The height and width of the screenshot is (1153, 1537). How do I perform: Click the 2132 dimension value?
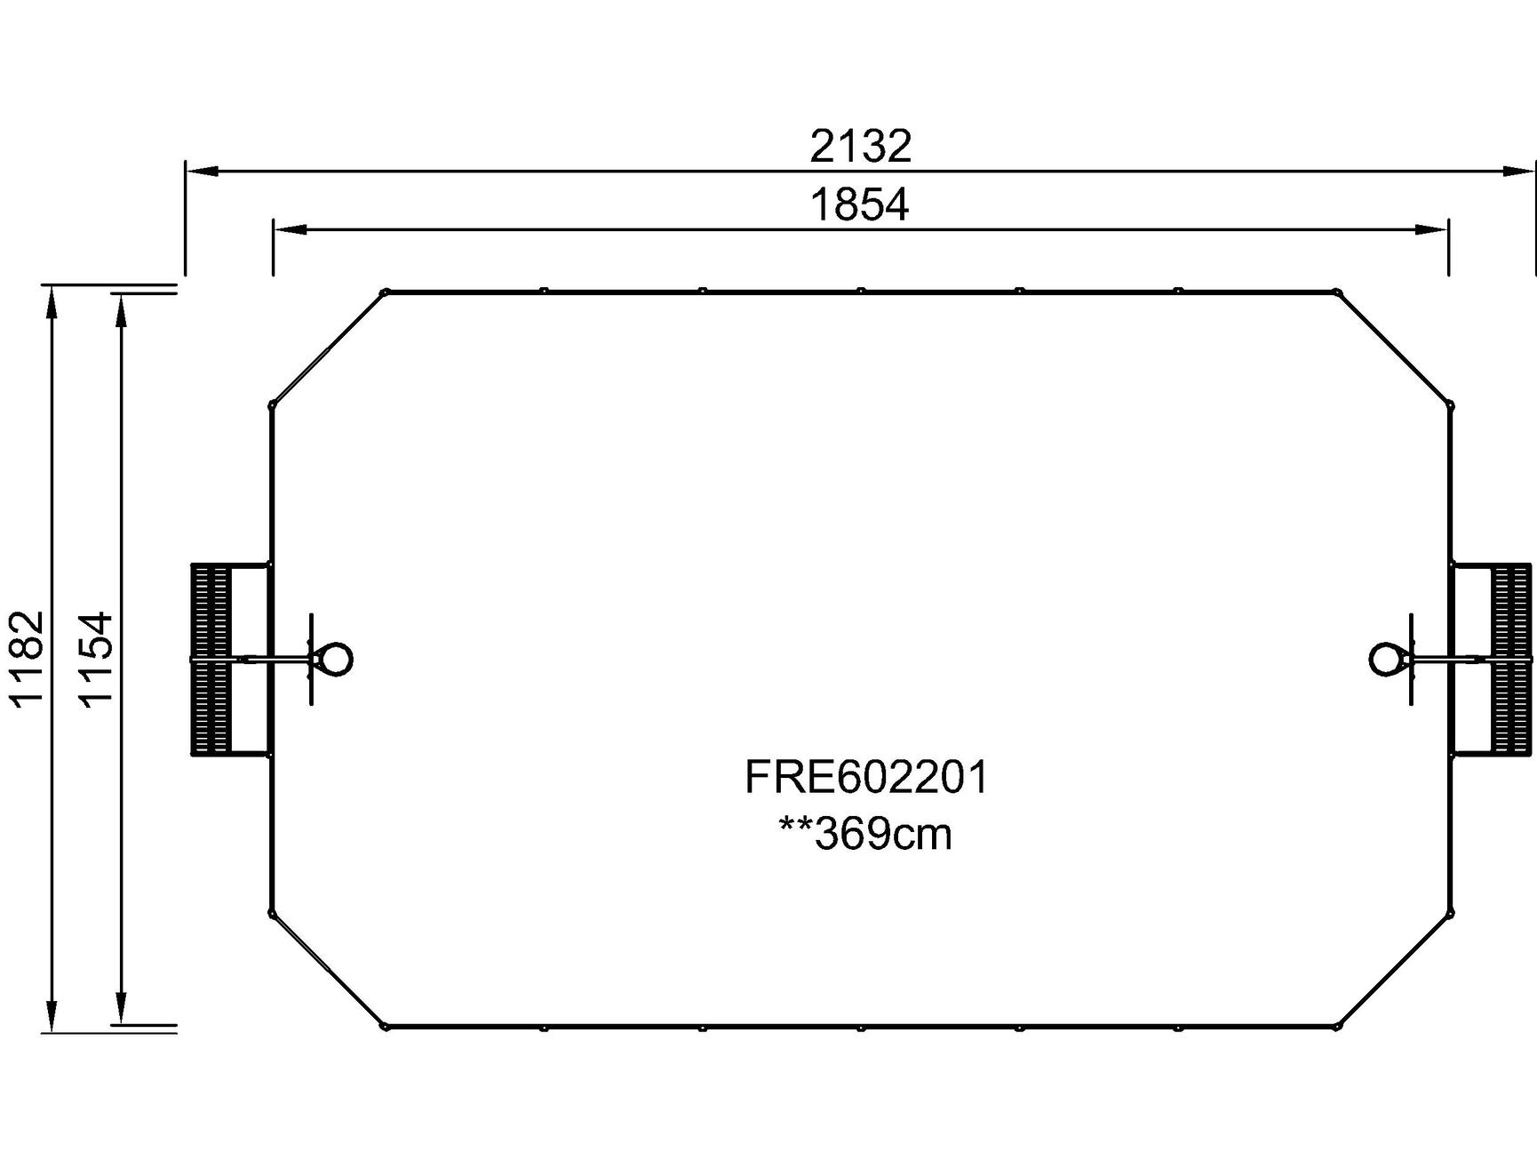point(860,147)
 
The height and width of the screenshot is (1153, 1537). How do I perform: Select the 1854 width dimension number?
point(860,205)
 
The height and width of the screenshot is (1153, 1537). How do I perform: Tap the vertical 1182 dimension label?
point(27,657)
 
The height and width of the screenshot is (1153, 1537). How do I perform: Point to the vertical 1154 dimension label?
point(96,658)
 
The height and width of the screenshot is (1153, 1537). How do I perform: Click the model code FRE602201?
point(866,777)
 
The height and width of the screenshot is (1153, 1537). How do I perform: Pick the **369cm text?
point(865,834)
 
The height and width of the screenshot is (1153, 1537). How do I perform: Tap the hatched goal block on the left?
point(211,659)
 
